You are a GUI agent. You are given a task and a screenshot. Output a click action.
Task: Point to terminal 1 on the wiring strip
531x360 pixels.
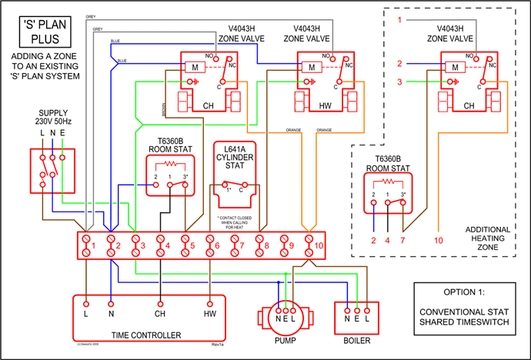point(87,246)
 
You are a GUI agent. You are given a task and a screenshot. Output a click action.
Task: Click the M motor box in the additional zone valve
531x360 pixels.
point(456,67)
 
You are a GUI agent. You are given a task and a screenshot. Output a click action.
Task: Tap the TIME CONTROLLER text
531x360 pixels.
point(146,335)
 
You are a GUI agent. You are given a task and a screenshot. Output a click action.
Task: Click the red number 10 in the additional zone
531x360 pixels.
point(439,240)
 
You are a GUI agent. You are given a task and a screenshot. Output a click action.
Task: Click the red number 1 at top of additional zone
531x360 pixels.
point(399,20)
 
